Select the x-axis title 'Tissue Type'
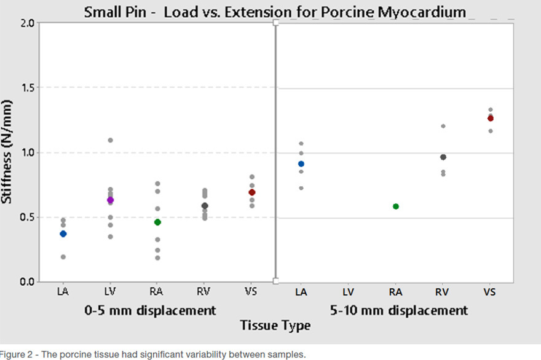(x=275, y=326)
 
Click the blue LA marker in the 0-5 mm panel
(x=63, y=234)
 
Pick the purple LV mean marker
(x=111, y=200)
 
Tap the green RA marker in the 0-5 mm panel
(x=157, y=222)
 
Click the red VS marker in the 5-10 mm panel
(x=491, y=119)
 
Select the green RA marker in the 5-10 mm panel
(x=396, y=206)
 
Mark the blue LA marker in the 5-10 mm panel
(x=301, y=164)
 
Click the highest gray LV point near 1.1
(x=111, y=140)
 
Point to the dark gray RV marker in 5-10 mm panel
(x=443, y=157)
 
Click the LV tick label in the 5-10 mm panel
(x=348, y=292)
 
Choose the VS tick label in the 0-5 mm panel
(x=252, y=292)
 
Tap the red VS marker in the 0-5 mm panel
(x=252, y=192)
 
